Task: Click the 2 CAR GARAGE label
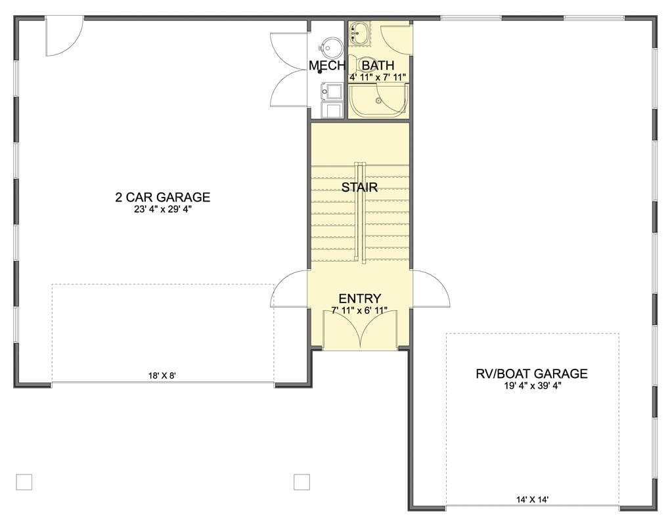162,197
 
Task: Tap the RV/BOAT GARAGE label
531,374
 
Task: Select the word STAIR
359,188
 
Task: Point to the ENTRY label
359,299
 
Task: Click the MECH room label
327,66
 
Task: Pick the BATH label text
378,66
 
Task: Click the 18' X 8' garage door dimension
162,376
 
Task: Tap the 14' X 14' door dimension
532,499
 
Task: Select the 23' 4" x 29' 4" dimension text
162,210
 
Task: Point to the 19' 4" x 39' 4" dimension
531,386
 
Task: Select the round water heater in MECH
331,47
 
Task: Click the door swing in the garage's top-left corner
63,36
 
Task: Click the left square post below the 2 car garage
24,482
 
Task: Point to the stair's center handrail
359,213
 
